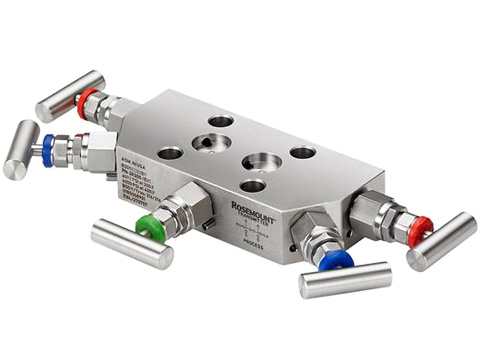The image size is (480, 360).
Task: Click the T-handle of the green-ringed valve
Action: click(x=131, y=244)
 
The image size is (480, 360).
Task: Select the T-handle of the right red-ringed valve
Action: click(x=441, y=241)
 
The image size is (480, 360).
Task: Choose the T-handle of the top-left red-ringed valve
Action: click(x=69, y=95)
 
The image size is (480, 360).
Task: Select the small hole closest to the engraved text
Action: click(x=171, y=153)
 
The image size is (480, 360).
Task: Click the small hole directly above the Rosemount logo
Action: click(x=253, y=185)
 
